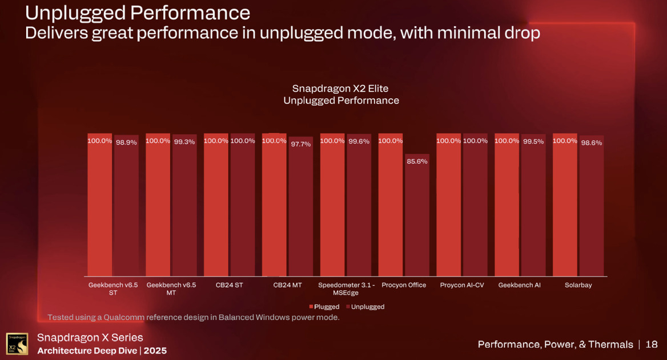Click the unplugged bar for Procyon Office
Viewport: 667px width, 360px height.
417,217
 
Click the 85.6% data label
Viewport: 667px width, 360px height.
417,162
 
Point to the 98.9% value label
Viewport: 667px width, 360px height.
126,142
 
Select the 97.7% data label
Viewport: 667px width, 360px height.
300,144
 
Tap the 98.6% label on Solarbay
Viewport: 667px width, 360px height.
592,143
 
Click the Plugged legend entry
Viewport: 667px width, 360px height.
326,307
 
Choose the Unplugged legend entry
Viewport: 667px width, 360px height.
367,307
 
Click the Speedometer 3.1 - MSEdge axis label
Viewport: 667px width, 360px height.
346,289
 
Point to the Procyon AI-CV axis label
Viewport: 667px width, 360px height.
462,285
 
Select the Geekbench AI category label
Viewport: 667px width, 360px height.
519,285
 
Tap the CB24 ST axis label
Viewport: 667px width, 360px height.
229,285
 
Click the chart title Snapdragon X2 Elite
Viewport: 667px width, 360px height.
341,89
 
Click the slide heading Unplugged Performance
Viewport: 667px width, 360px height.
138,13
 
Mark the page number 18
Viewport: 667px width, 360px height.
652,345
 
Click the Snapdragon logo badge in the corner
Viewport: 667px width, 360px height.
17,344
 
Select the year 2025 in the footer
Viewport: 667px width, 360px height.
155,350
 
